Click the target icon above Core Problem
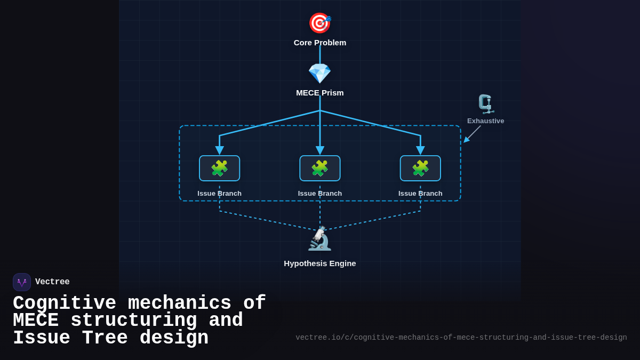(320, 23)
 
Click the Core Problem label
(320, 43)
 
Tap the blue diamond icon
(320, 74)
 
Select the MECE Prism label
(320, 93)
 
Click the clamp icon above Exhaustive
(485, 104)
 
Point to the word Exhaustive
(485, 121)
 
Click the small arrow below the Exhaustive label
(472, 134)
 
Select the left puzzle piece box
(219, 169)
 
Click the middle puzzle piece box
(320, 169)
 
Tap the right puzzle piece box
(420, 169)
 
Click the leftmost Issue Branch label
(219, 194)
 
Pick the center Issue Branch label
(320, 194)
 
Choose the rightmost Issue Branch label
(420, 194)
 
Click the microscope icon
(320, 238)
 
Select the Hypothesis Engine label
(320, 263)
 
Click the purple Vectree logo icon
(22, 282)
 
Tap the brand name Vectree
(52, 282)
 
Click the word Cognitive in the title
(65, 303)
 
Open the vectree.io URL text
(461, 338)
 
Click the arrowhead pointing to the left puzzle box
(219, 150)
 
